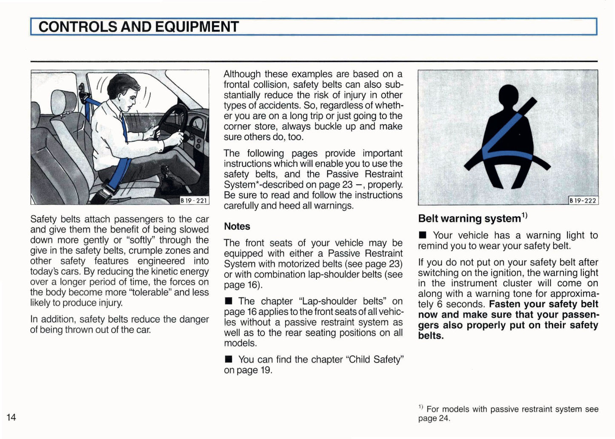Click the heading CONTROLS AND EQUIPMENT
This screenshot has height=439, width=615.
pos(138,27)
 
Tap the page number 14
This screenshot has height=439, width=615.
pos(11,417)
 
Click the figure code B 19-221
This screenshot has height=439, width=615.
pos(194,200)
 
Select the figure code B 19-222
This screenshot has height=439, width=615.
pos(583,201)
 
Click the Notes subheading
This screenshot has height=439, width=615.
pos(237,227)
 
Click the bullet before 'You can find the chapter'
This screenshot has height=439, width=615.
pos(229,360)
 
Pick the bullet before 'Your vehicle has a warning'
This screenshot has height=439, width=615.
pos(423,235)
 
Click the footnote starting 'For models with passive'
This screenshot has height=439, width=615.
pos(508,413)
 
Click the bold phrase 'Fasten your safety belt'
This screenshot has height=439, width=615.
pos(543,304)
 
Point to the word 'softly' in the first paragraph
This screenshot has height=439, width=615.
pos(141,240)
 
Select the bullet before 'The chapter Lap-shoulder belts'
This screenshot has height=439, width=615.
pos(229,301)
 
